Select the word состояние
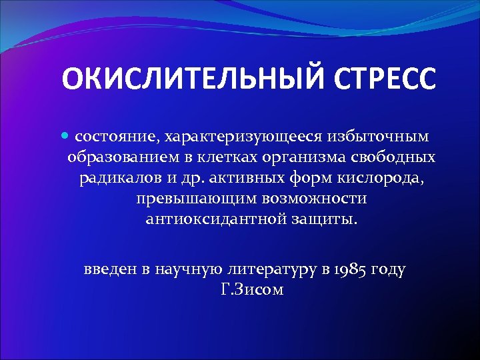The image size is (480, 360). pos(115,137)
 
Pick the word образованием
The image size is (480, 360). pos(121,157)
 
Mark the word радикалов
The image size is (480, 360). pos(117,178)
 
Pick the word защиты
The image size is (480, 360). pos(322,219)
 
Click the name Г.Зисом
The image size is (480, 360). pos(251,290)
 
